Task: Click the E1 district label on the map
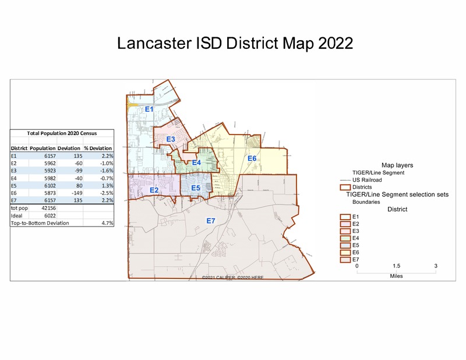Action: tap(149, 110)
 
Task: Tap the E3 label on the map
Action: tap(171, 139)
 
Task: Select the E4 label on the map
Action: tap(196, 163)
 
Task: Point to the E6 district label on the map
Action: tap(252, 158)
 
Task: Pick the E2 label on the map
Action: tap(154, 190)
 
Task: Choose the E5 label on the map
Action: tap(196, 188)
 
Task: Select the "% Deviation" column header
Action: tap(98, 148)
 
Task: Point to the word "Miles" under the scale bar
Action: tap(396, 276)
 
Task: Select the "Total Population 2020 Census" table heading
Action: tap(62, 133)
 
